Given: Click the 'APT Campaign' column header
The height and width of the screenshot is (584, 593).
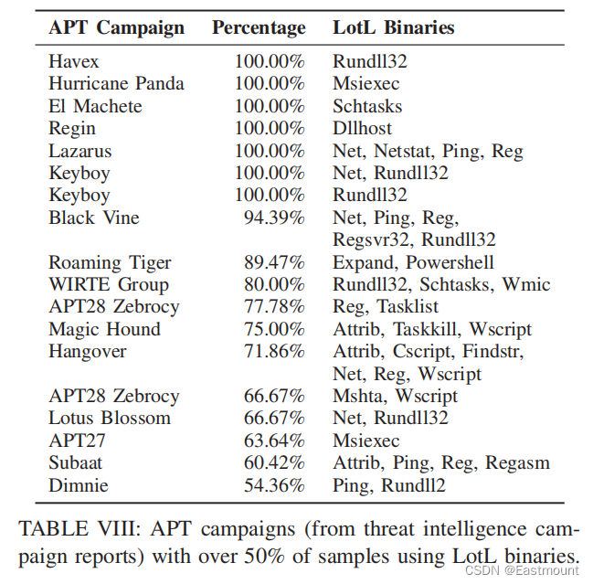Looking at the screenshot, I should pos(116,27).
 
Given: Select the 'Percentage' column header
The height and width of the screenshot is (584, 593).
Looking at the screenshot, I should pos(259,27).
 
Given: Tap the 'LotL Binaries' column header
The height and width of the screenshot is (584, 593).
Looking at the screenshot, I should pos(393,27).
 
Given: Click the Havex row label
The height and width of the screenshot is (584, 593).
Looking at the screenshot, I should pos(74,62).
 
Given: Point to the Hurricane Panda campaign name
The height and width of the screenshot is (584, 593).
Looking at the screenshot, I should pos(116,84).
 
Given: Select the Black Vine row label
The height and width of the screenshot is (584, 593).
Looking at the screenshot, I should pos(93,218).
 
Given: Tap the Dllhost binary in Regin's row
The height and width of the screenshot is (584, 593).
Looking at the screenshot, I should pos(363,129).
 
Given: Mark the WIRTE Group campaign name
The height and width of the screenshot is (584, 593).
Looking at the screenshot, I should pos(108,284).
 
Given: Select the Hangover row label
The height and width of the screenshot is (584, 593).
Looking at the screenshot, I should pos(87,351).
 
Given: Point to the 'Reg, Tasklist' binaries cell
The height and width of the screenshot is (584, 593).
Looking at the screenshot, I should pos(386,307).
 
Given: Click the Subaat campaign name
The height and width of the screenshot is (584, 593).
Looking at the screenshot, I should pos(77,462).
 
